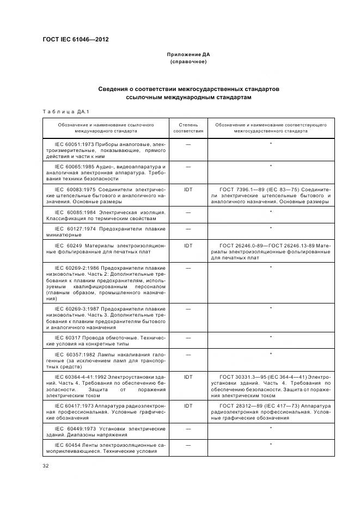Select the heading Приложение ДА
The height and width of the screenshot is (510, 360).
click(x=188, y=55)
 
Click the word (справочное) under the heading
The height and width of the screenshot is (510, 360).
click(x=188, y=62)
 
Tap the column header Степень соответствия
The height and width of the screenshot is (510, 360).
click(x=188, y=128)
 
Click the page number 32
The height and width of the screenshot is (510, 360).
click(x=46, y=465)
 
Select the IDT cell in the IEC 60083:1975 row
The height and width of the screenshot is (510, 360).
click(x=188, y=190)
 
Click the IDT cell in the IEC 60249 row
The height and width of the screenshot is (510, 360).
click(x=188, y=246)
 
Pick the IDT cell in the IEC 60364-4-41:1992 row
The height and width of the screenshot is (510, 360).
click(x=188, y=377)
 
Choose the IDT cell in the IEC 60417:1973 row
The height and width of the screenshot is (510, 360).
click(x=188, y=405)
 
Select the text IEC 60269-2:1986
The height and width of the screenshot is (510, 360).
click(x=77, y=268)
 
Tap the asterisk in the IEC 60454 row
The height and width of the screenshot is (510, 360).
click(x=271, y=445)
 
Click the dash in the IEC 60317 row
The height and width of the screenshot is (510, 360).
click(x=188, y=338)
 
